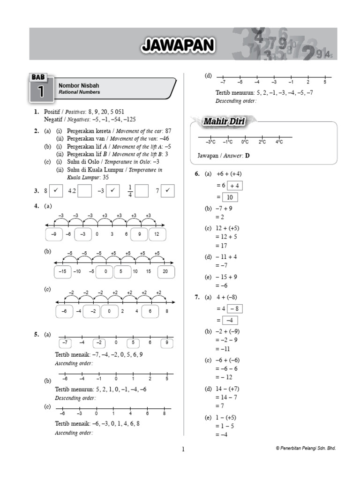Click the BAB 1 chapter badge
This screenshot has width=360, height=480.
[42, 88]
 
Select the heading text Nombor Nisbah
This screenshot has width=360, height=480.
[79, 86]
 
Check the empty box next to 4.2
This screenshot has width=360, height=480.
[85, 191]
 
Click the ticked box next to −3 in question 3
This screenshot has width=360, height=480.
[112, 191]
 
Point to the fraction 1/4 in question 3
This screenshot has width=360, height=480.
[130, 191]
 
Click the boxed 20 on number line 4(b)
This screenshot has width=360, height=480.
[165, 271]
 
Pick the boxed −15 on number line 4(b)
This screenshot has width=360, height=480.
[62, 271]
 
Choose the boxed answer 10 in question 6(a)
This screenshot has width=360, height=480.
[230, 197]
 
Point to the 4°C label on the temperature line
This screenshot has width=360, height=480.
[279, 142]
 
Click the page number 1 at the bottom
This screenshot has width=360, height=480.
[183, 450]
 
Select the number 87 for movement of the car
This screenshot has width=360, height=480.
[168, 131]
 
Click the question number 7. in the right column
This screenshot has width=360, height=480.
[197, 297]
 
